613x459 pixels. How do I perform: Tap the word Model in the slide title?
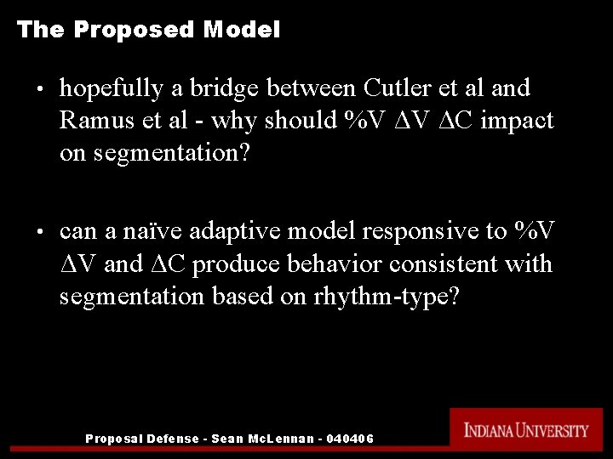point(242,31)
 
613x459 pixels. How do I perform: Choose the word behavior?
point(341,264)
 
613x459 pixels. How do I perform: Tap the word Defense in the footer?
point(175,439)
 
